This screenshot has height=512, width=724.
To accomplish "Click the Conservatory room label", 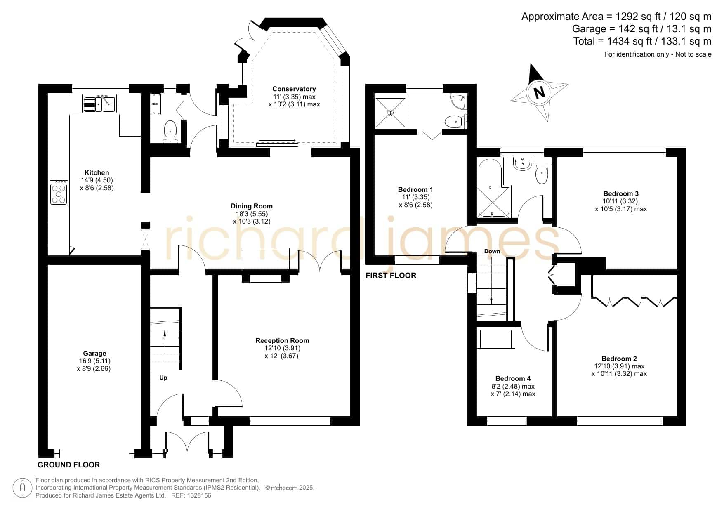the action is pyautogui.click(x=294, y=89).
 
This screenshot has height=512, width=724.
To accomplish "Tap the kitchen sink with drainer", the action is pyautogui.click(x=99, y=103).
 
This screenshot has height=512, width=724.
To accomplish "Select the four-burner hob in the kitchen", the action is pyautogui.click(x=59, y=192).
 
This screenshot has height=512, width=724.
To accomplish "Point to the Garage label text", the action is pyautogui.click(x=94, y=353).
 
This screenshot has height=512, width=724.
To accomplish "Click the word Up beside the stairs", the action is pyautogui.click(x=163, y=378).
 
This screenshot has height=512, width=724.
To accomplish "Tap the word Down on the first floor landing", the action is pyautogui.click(x=492, y=251).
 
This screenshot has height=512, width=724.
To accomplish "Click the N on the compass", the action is pyautogui.click(x=538, y=92).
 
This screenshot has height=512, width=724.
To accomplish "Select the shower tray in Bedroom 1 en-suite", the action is pyautogui.click(x=391, y=112).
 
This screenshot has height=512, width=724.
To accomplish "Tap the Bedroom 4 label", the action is pyautogui.click(x=513, y=378).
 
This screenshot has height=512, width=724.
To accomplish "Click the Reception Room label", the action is pyautogui.click(x=282, y=340).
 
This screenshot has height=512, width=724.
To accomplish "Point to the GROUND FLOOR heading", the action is pyautogui.click(x=68, y=465).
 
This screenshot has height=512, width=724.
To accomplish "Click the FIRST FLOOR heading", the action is pyautogui.click(x=391, y=275).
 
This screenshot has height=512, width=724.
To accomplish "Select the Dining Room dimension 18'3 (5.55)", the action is pyautogui.click(x=252, y=214).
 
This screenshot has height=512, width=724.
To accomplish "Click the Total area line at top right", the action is pyautogui.click(x=642, y=41).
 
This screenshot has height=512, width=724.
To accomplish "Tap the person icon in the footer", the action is pyautogui.click(x=22, y=488).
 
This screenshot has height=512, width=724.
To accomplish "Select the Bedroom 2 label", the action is pyautogui.click(x=619, y=359).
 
